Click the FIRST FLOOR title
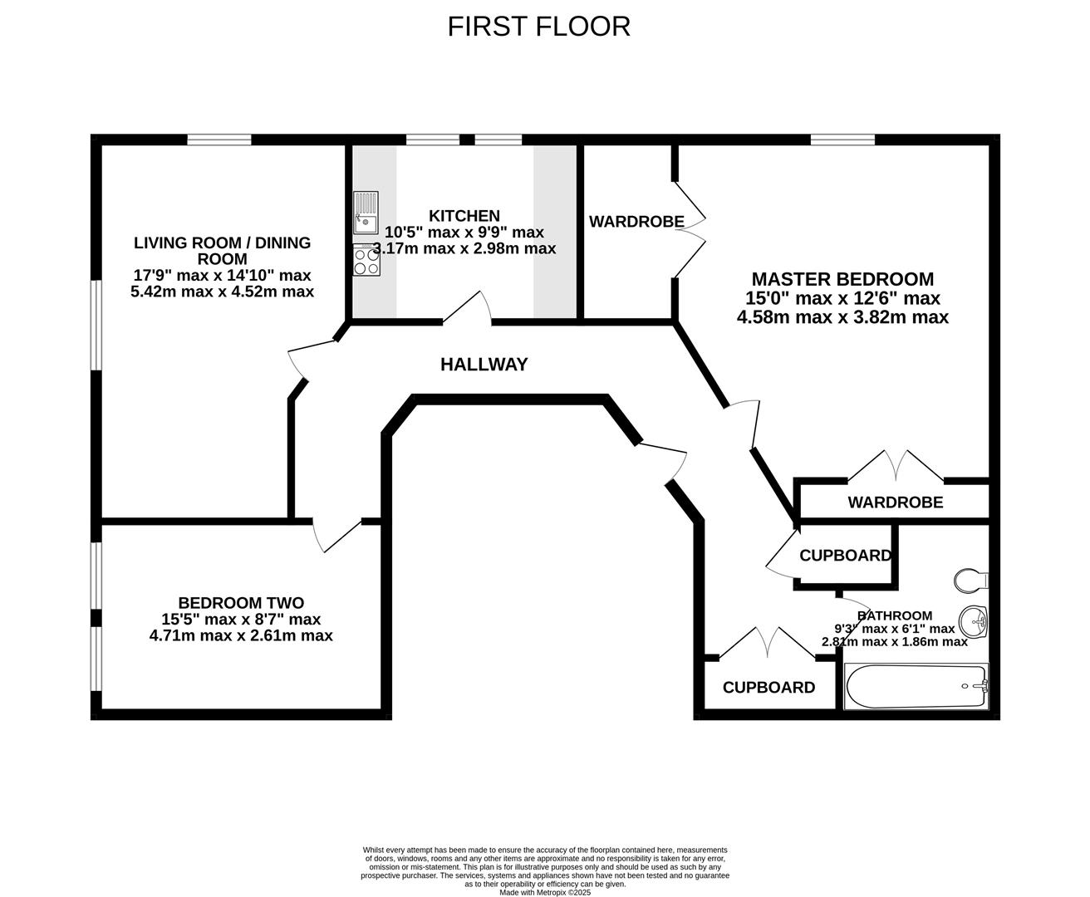[538, 27]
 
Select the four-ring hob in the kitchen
[366, 262]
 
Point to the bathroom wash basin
[974, 620]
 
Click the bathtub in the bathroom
[916, 686]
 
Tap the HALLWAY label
[484, 364]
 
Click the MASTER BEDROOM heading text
[842, 279]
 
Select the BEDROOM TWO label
[241, 603]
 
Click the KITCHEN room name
[464, 216]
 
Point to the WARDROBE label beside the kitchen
[636, 222]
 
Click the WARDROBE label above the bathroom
[895, 502]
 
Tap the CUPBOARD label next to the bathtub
[768, 688]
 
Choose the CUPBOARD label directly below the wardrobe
[845, 556]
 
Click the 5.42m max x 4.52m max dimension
[223, 292]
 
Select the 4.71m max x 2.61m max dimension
[241, 635]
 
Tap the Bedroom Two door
[336, 537]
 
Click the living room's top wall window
[218, 140]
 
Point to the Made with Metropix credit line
[545, 892]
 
